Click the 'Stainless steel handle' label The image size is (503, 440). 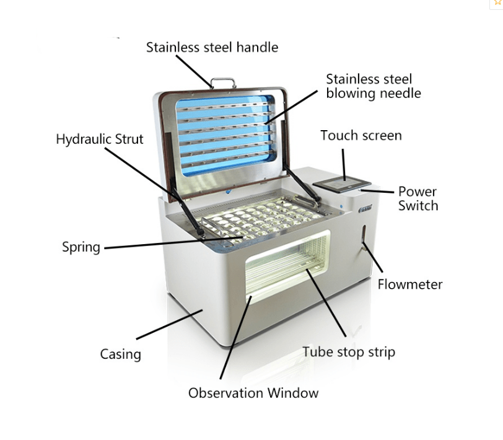(x=212, y=48)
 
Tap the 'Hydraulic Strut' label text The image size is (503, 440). (x=100, y=139)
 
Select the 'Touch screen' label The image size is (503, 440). (x=361, y=136)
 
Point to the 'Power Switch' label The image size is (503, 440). (x=418, y=198)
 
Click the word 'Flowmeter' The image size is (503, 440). (x=410, y=284)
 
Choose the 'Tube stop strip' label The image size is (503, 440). (x=349, y=352)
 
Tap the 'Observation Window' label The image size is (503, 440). (x=253, y=393)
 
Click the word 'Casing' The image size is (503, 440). (x=121, y=354)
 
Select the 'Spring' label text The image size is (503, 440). (x=81, y=247)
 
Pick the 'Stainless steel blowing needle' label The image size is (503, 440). (x=374, y=86)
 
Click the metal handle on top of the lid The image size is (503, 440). (x=223, y=82)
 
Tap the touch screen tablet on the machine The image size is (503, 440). (x=342, y=185)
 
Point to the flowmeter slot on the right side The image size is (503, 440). (x=364, y=237)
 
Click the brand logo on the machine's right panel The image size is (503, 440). (x=365, y=208)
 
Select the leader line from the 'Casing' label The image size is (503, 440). (x=169, y=324)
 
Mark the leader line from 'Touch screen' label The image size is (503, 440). (x=344, y=165)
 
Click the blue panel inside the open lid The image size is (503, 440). (x=225, y=136)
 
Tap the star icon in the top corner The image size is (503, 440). (x=498, y=2)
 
